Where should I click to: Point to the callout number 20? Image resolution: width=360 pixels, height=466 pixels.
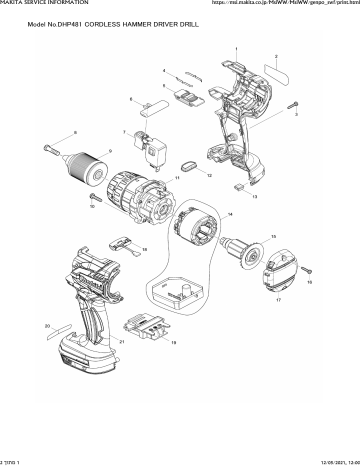click(46, 326)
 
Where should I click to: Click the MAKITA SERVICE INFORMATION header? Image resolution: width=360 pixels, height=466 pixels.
click(39, 4)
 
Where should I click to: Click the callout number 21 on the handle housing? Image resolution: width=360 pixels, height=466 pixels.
click(121, 341)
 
